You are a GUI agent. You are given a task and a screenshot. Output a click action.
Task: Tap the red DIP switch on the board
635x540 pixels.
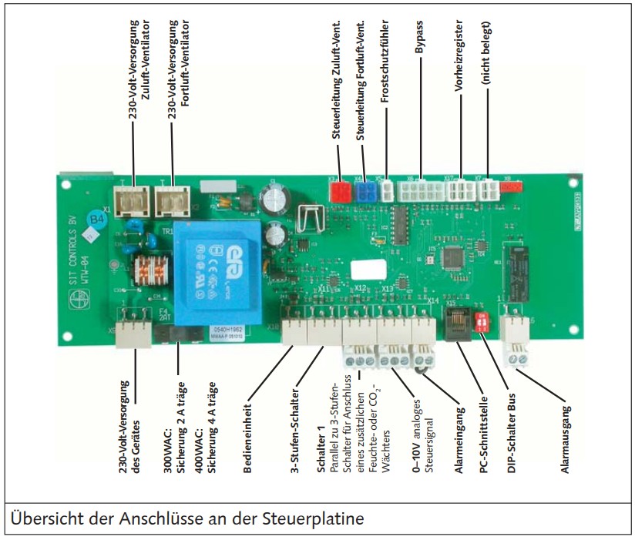coord(485,321)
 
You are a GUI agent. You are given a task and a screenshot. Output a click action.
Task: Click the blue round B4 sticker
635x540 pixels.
coord(97,220)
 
